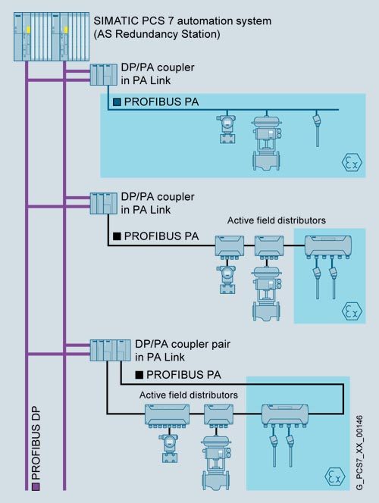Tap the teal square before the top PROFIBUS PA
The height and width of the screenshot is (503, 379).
(x=117, y=102)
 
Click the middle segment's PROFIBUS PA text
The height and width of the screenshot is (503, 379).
(x=161, y=236)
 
